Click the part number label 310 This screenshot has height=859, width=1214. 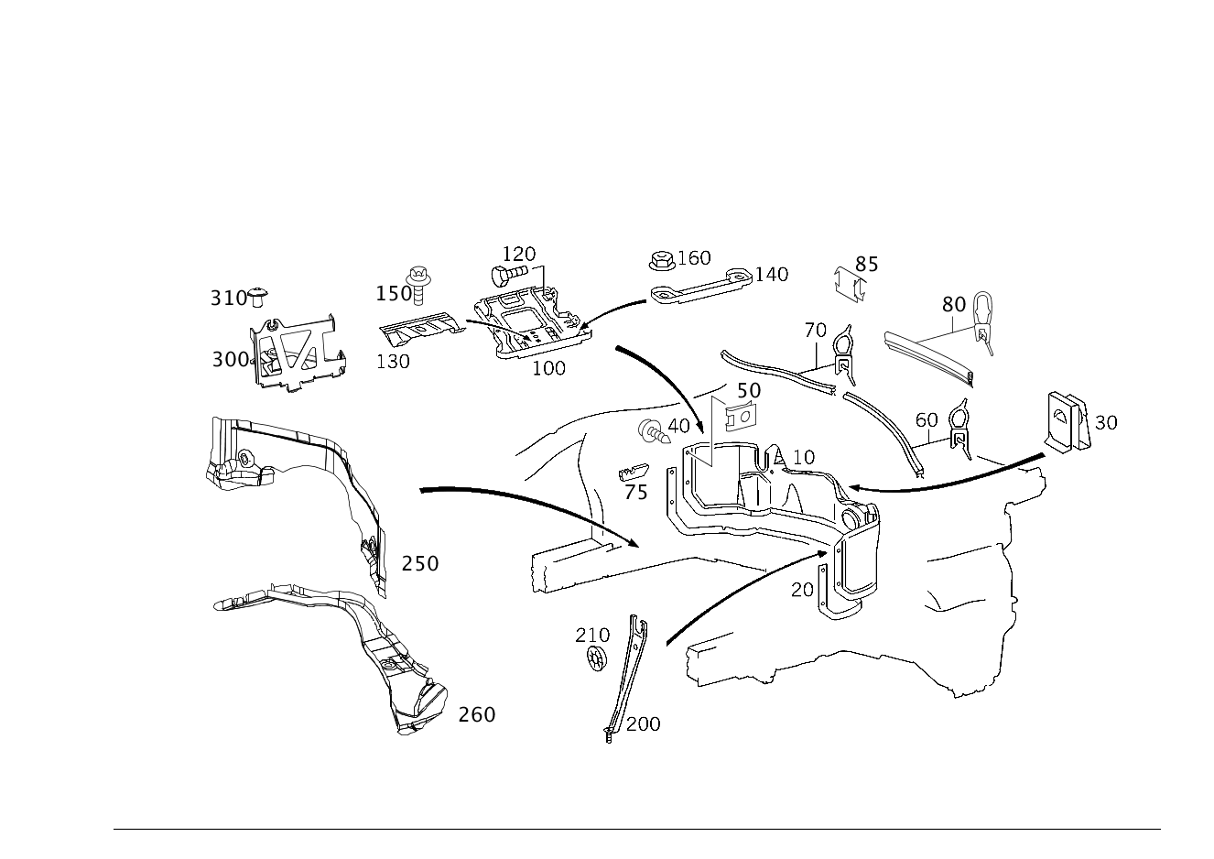(229, 298)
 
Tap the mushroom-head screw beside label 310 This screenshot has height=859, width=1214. (258, 298)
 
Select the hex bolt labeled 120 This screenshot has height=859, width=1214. (509, 274)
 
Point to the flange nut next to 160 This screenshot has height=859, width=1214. (662, 261)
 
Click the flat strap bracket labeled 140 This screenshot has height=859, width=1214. (700, 286)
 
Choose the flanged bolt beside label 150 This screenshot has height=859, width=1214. (418, 284)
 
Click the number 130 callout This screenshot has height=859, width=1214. (393, 362)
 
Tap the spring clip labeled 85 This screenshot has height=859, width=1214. (850, 285)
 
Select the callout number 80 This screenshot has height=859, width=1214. (954, 304)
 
